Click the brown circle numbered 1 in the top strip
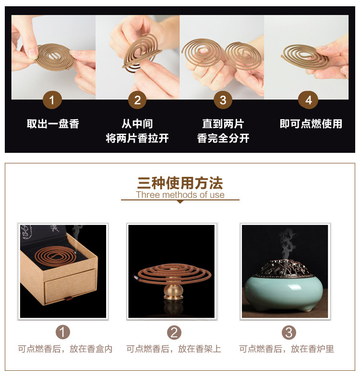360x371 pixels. (x=52, y=100)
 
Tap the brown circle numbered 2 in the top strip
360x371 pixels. (x=137, y=100)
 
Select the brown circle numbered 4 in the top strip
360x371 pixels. (x=308, y=100)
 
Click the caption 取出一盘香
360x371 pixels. (x=53, y=124)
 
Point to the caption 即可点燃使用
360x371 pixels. (x=311, y=124)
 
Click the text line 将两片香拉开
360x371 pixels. (x=137, y=138)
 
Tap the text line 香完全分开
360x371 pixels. (x=223, y=138)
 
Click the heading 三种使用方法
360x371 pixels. (x=180, y=183)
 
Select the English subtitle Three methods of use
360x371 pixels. (x=180, y=195)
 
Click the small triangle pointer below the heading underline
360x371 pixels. (x=180, y=202)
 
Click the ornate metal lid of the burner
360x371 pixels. (x=284, y=268)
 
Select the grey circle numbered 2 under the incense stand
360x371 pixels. (x=174, y=333)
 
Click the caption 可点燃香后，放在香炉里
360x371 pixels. (x=287, y=349)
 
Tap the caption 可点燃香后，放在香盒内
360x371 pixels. (x=65, y=349)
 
